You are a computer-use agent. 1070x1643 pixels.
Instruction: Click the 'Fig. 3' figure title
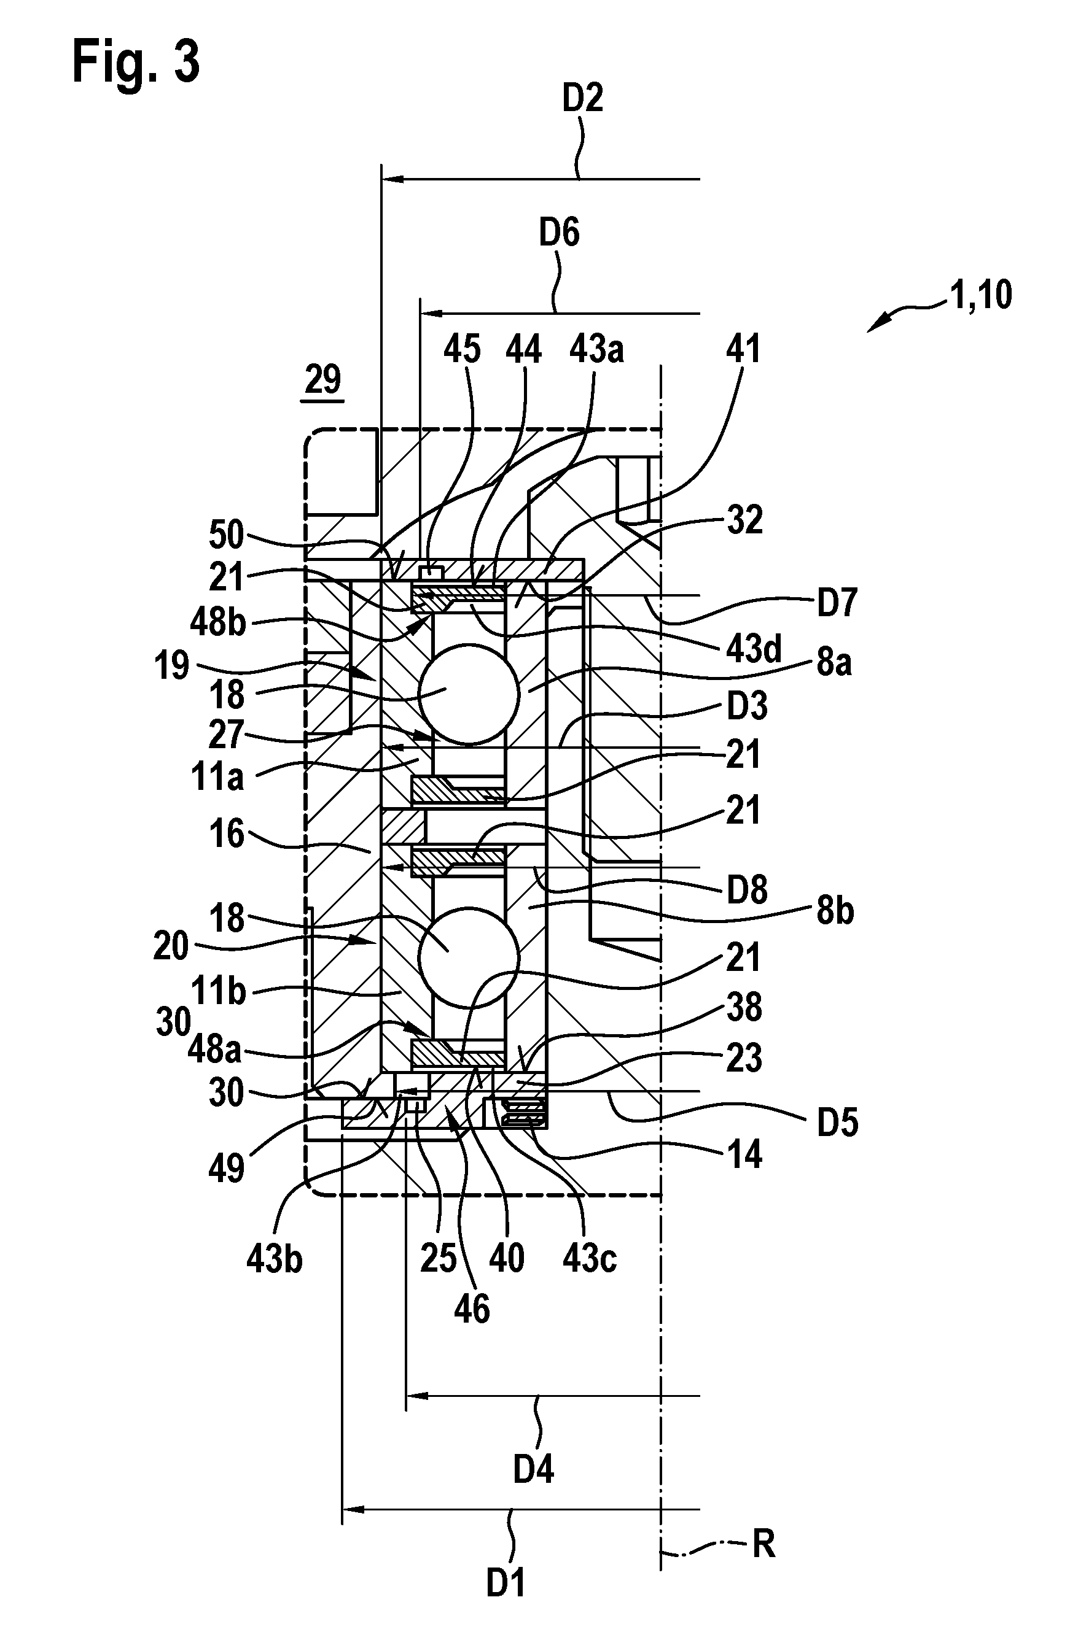136,61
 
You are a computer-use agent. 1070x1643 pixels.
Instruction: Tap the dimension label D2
582,98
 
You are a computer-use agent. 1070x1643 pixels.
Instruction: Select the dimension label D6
559,233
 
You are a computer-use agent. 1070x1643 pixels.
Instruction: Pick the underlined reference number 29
323,380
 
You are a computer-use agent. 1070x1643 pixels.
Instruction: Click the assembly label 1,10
981,295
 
